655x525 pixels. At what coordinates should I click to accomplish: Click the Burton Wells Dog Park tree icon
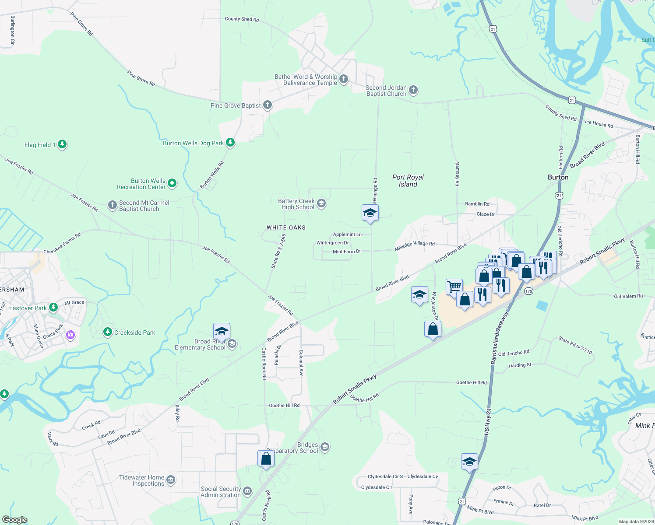(230, 143)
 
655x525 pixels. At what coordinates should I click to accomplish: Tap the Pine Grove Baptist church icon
(268, 105)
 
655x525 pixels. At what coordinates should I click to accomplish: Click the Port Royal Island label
(408, 181)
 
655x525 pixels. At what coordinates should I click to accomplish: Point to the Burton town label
(558, 177)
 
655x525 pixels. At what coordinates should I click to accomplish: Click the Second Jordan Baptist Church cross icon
(413, 90)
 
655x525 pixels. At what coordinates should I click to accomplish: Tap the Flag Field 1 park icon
(62, 144)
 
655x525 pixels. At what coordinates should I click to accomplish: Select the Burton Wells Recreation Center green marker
(172, 183)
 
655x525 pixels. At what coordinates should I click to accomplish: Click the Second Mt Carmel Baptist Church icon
(113, 205)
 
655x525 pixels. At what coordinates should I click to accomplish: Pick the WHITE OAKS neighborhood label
(286, 227)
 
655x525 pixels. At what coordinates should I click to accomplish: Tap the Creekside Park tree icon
(108, 332)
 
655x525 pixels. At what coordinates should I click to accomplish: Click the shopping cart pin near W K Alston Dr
(454, 287)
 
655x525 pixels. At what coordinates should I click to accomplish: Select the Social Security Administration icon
(247, 491)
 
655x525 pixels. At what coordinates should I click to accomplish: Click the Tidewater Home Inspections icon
(171, 480)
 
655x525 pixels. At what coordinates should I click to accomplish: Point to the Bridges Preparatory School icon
(325, 447)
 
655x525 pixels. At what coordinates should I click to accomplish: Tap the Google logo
(15, 520)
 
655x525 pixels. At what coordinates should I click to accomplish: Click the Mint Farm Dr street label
(346, 252)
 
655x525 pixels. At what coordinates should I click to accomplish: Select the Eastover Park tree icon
(53, 308)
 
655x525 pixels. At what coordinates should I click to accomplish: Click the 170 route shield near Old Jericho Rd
(528, 291)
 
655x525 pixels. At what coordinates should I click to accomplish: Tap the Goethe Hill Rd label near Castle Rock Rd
(284, 406)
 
